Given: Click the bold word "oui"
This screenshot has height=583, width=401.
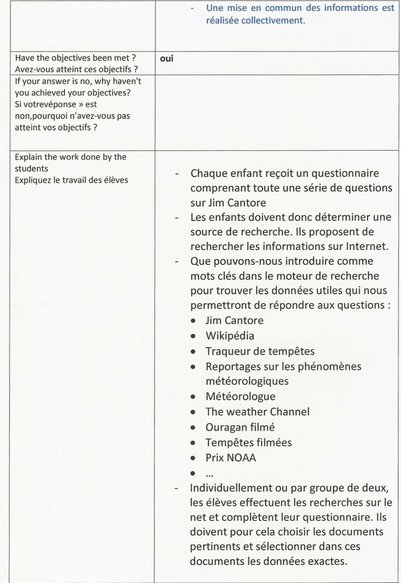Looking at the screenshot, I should (x=167, y=59).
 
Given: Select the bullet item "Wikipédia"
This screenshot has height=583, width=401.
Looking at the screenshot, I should (x=230, y=336).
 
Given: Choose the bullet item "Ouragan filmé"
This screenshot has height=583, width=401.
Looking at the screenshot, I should (x=240, y=427).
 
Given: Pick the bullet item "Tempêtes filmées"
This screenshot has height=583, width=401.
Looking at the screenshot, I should (x=248, y=442).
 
